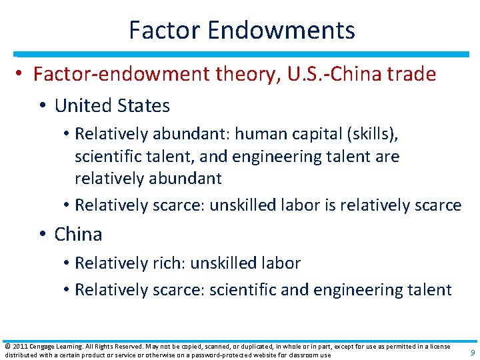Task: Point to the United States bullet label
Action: coord(112,105)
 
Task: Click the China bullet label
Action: coord(78,234)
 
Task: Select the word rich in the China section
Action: coord(168,263)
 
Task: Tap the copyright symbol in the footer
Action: coord(7,346)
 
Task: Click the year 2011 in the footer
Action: coord(18,346)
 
